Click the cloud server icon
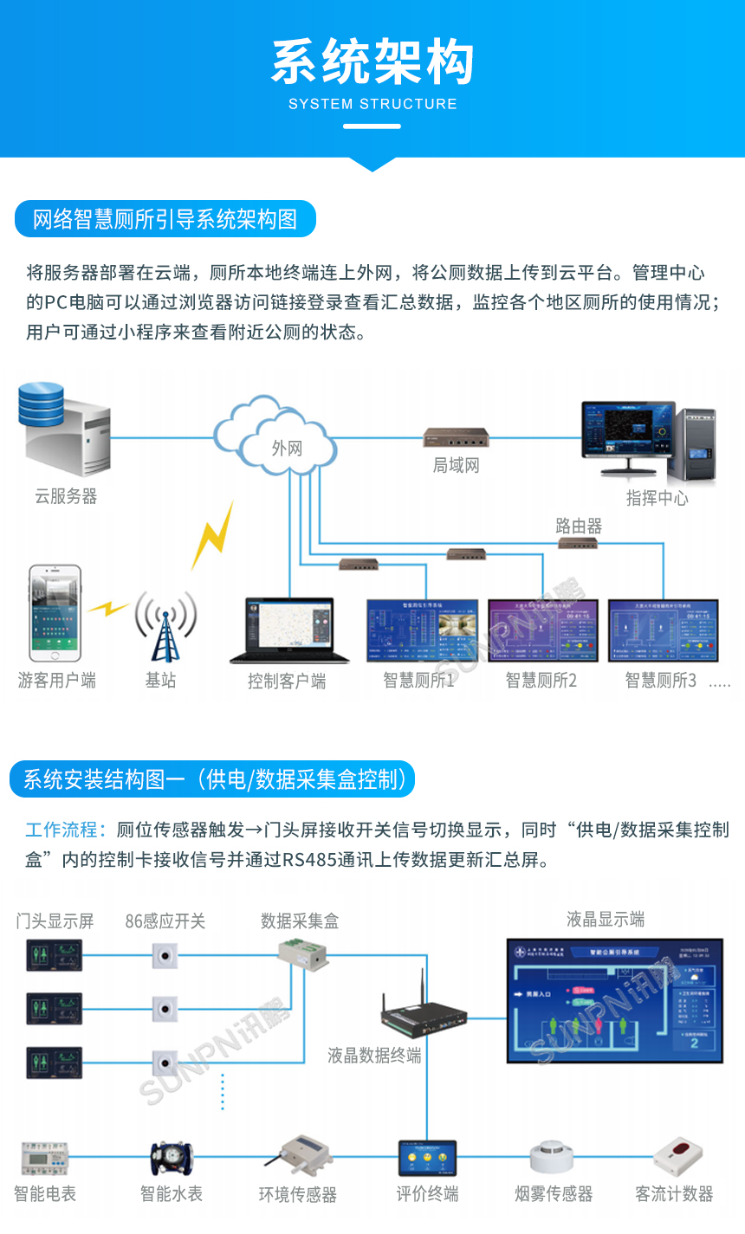point(65,430)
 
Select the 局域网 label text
point(456,466)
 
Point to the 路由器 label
point(579,526)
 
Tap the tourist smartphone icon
point(55,613)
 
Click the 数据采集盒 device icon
point(302,956)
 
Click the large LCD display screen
point(614,999)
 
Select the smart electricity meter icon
point(45,1158)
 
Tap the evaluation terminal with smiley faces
point(426,1158)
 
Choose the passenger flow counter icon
point(677,1156)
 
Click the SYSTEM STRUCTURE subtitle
point(372,104)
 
